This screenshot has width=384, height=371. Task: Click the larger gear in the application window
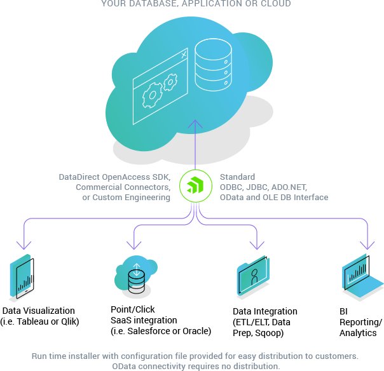152,95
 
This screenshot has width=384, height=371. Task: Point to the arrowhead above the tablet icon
24,245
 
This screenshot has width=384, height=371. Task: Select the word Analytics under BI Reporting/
358,333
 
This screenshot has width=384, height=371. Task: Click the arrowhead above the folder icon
257,245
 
